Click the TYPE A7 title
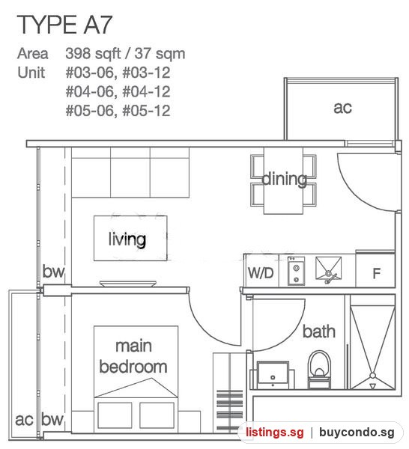[64, 25]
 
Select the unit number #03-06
[90, 73]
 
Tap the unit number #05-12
[147, 111]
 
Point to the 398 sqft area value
[93, 54]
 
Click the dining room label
[284, 179]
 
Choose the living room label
[127, 239]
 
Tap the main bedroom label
[133, 356]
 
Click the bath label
[318, 332]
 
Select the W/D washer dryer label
[261, 273]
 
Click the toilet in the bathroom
[319, 370]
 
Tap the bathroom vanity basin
[273, 375]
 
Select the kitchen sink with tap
[328, 269]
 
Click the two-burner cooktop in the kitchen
[297, 271]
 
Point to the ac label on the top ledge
[342, 108]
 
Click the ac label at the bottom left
[25, 420]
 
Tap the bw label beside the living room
[53, 271]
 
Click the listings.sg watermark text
[275, 432]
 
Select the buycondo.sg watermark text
[357, 432]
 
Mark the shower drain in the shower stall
[372, 376]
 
